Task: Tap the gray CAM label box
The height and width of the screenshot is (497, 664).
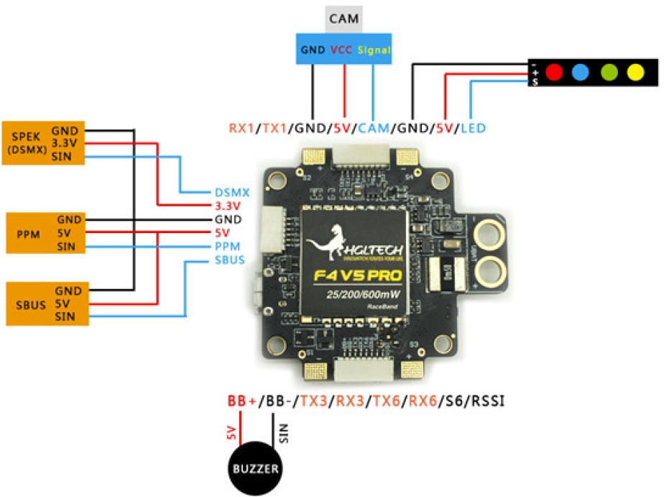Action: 344,18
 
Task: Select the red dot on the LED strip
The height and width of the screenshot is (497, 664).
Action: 553,73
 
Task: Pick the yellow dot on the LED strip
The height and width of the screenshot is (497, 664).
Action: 634,73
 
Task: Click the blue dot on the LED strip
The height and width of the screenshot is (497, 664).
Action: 581,73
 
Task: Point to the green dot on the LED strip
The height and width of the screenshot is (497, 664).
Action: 608,73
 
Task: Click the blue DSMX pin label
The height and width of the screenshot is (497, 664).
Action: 231,193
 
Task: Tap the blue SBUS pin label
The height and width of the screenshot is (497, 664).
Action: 230,259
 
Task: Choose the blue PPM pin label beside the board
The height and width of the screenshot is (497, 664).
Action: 227,246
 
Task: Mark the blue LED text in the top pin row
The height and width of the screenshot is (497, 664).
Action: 473,129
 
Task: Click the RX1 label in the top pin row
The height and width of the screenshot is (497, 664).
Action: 242,129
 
